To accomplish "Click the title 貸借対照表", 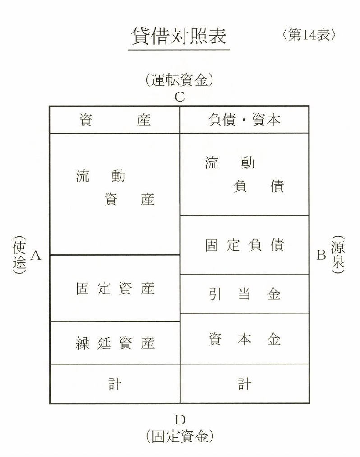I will (179, 36).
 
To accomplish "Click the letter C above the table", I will (180, 97).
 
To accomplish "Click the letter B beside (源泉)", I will (321, 256).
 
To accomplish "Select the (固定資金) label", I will (179, 436).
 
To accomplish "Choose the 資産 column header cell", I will (115, 120).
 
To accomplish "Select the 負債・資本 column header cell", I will (244, 120).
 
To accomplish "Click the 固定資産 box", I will (115, 289).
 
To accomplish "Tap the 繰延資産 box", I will (115, 343).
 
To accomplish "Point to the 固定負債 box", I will (244, 245).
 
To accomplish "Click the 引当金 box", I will (244, 294).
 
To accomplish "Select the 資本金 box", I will (244, 339).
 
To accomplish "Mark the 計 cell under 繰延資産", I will (115, 384).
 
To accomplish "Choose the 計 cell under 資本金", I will (244, 384).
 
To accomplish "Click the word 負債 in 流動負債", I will (258, 187).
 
